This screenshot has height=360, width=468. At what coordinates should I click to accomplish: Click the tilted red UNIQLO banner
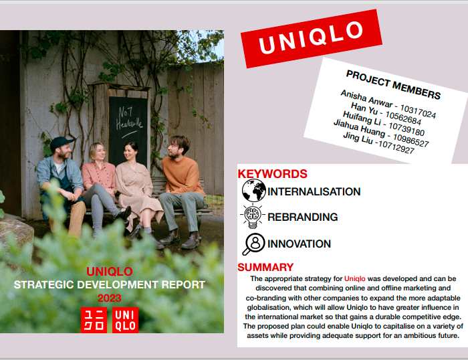click(312, 39)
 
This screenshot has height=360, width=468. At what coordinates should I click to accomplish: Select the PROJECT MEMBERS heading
click(393, 85)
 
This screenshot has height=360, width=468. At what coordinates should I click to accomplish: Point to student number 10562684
click(403, 118)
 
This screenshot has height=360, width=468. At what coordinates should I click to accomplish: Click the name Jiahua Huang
click(360, 128)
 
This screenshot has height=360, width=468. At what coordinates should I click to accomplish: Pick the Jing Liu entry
click(379, 143)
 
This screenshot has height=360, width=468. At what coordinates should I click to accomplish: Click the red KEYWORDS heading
click(272, 174)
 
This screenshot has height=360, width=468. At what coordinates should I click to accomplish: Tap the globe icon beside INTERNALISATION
click(253, 190)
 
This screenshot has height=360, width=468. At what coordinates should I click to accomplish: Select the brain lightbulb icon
click(253, 215)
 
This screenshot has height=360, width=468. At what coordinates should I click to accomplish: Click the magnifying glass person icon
click(253, 244)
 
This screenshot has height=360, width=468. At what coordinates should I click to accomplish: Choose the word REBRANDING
click(302, 217)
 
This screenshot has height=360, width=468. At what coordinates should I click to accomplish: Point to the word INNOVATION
click(299, 244)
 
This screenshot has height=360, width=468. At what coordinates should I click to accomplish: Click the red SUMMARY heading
click(265, 267)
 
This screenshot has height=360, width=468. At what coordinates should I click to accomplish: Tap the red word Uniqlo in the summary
click(354, 279)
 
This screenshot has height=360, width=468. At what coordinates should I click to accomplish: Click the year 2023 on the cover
click(109, 298)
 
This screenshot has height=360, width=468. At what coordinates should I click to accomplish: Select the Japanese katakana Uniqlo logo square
click(94, 320)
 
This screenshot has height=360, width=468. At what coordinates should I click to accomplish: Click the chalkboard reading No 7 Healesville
click(128, 128)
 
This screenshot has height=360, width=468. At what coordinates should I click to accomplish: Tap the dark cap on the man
click(61, 143)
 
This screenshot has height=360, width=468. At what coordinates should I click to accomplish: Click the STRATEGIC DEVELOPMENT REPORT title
click(109, 284)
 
